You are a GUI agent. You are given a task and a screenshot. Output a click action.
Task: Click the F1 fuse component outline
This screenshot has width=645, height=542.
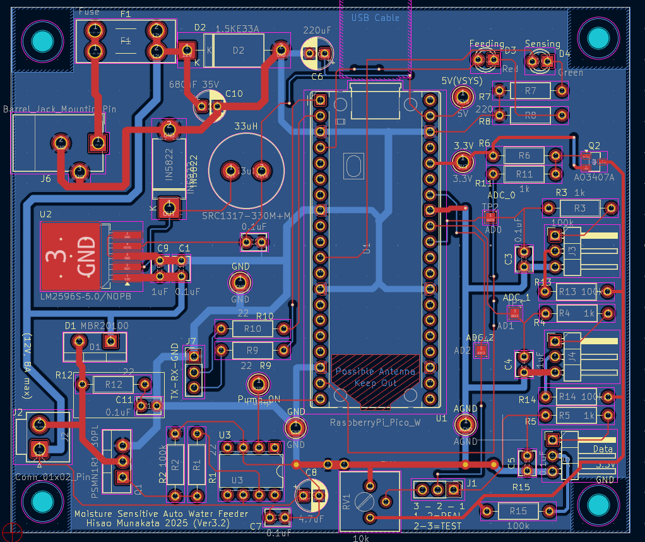click(125, 40)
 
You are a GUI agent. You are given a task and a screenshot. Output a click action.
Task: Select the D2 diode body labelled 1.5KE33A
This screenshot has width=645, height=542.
click(239, 51)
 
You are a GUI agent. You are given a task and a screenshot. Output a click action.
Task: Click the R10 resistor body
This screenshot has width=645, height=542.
click(252, 329)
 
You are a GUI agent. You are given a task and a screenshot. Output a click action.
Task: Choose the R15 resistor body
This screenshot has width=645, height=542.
click(518, 510)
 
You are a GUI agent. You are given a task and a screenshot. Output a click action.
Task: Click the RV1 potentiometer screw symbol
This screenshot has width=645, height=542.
click(364, 502)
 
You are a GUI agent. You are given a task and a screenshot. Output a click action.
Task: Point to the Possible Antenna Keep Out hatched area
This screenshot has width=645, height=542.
click(376, 380)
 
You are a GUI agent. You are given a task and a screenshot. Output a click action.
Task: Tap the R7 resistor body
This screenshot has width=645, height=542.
click(530, 91)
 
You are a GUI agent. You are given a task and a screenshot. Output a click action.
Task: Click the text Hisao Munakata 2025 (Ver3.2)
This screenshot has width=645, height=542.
click(158, 523)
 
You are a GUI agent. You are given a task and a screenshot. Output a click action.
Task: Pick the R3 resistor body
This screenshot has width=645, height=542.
click(579, 208)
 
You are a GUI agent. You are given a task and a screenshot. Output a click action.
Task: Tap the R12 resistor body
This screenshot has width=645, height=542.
click(114, 384)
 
